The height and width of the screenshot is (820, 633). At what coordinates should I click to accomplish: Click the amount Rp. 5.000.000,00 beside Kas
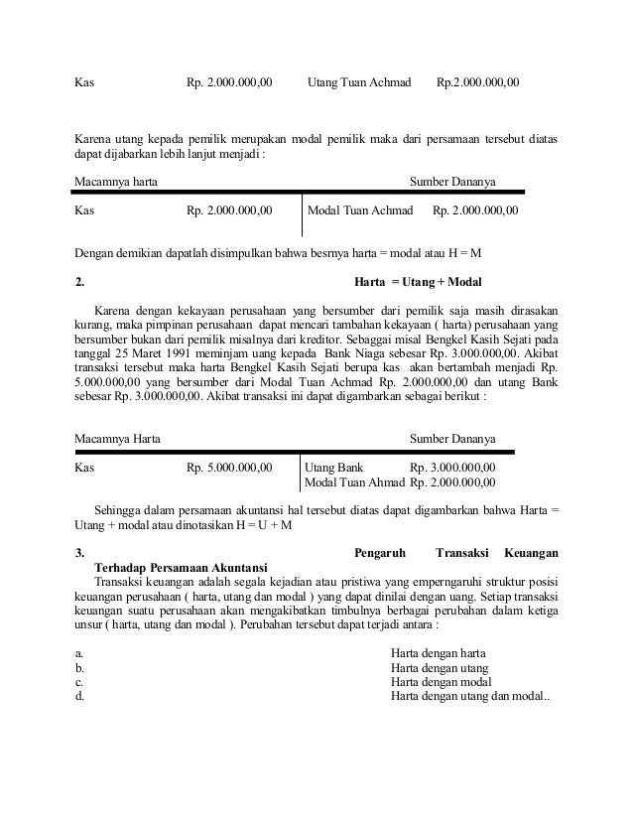click(x=229, y=467)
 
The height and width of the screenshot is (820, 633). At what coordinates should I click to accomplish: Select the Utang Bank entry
click(x=333, y=467)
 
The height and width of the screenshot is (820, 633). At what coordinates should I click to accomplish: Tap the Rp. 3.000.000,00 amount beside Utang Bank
click(x=452, y=467)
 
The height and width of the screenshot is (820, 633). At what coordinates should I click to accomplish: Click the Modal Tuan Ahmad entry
click(x=354, y=483)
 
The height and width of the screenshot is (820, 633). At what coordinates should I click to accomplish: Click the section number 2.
click(x=80, y=281)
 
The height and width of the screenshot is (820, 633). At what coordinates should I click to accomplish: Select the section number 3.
click(x=80, y=551)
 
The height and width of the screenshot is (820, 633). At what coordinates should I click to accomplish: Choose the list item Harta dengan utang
click(x=440, y=668)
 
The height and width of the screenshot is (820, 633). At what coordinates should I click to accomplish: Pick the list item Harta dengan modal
click(x=441, y=682)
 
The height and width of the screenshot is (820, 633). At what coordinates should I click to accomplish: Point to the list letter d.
click(x=79, y=697)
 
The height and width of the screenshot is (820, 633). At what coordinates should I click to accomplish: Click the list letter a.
click(x=79, y=653)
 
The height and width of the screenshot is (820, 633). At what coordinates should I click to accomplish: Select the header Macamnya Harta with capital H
click(x=120, y=438)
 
